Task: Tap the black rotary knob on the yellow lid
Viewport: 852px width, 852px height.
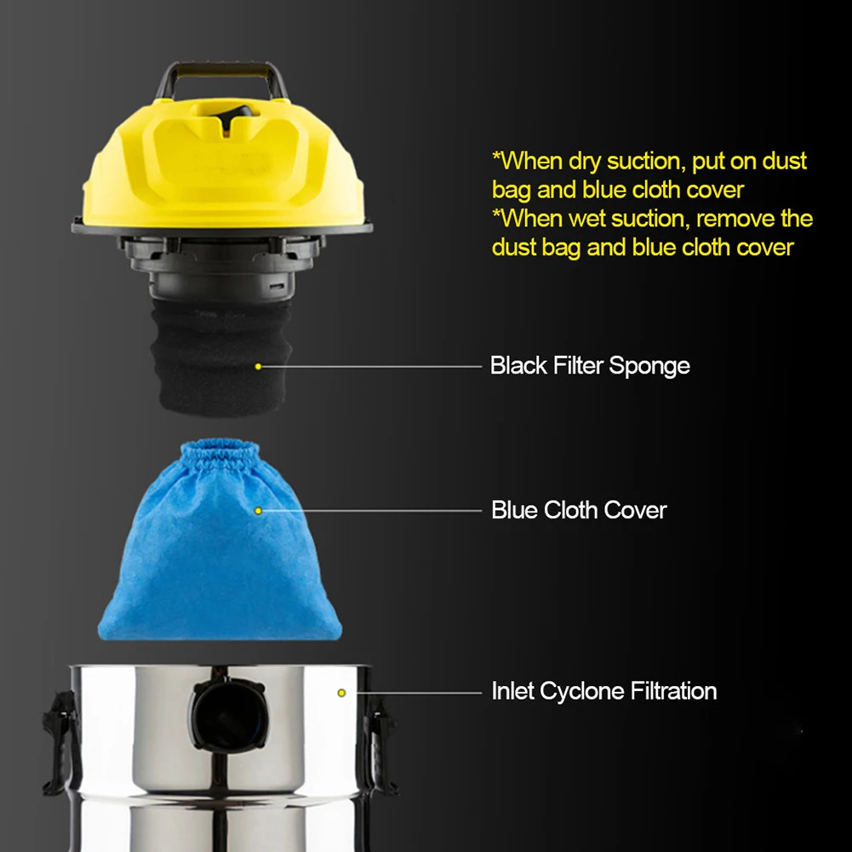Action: coord(235,115)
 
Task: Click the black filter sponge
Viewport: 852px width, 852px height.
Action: coord(220,357)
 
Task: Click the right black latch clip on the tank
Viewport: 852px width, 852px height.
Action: coord(380,745)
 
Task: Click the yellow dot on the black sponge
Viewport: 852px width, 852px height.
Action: coord(258,367)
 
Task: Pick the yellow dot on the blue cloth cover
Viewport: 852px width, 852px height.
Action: coord(258,511)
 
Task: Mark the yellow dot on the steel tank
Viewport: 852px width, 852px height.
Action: coord(341,693)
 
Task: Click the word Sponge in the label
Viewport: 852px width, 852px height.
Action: coord(649,367)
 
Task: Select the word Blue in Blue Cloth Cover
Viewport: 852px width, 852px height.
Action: coord(514,510)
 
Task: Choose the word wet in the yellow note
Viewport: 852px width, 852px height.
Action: coord(586,219)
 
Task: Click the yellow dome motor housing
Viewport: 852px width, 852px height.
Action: coord(223,163)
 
